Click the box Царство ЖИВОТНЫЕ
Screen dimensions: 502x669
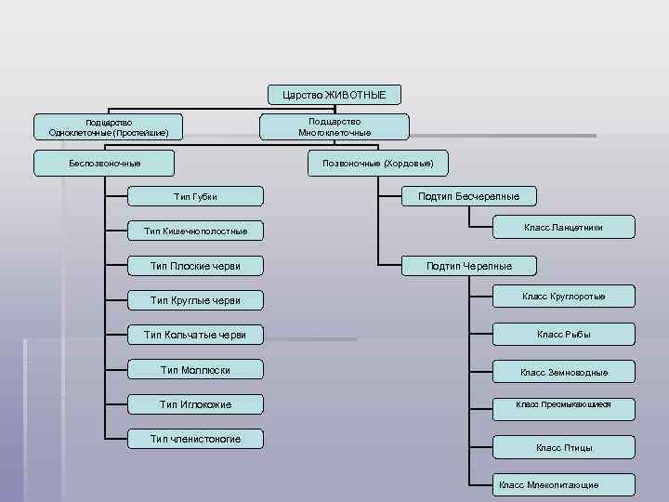click(334, 94)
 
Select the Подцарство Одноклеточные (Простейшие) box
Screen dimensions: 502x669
click(109, 127)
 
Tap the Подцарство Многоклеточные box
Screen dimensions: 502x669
click(334, 127)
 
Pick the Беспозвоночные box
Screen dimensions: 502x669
click(104, 163)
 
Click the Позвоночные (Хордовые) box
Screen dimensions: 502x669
click(377, 163)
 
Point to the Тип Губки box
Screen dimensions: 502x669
click(195, 196)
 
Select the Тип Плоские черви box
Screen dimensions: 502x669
click(195, 266)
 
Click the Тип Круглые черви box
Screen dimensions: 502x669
click(195, 300)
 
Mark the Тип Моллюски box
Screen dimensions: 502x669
click(195, 370)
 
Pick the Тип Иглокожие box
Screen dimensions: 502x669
click(195, 404)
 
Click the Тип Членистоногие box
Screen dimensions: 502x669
click(195, 439)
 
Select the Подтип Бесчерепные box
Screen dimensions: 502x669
click(468, 196)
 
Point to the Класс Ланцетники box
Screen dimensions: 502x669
click(563, 227)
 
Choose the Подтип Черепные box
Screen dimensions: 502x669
click(468, 266)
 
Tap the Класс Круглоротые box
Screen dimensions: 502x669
click(563, 297)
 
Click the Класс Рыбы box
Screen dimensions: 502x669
click(563, 335)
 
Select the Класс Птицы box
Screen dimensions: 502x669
click(563, 447)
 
